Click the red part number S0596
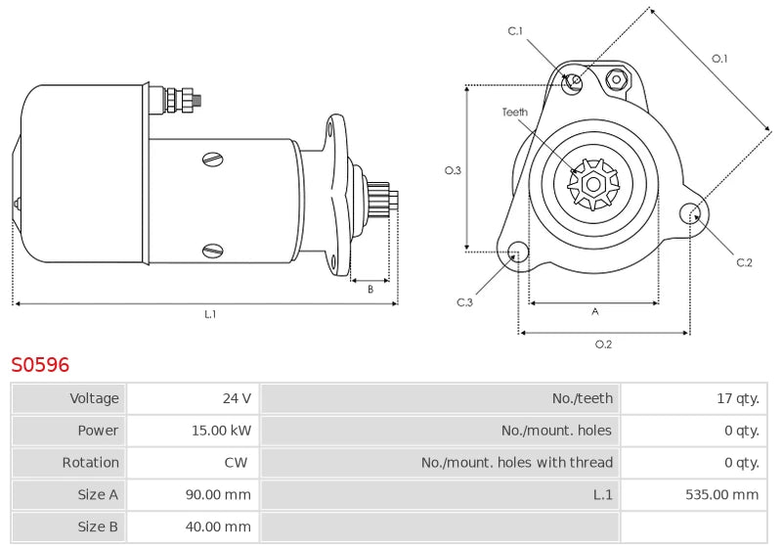point(40,365)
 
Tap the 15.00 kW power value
point(222,431)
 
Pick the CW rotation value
point(236,462)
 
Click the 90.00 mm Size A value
point(218,494)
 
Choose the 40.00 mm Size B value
point(218,526)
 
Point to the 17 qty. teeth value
point(738,398)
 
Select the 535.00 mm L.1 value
point(722,494)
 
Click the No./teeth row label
point(583,398)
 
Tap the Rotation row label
point(90,462)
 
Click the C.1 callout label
point(515,31)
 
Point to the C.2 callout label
point(744,262)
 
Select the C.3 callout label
point(464,302)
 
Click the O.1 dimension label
point(719,59)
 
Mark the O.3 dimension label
point(453,170)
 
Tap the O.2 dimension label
point(603,343)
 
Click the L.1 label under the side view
point(210,314)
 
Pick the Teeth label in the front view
point(515,113)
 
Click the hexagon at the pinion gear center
point(593,184)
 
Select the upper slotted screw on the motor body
point(213,160)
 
